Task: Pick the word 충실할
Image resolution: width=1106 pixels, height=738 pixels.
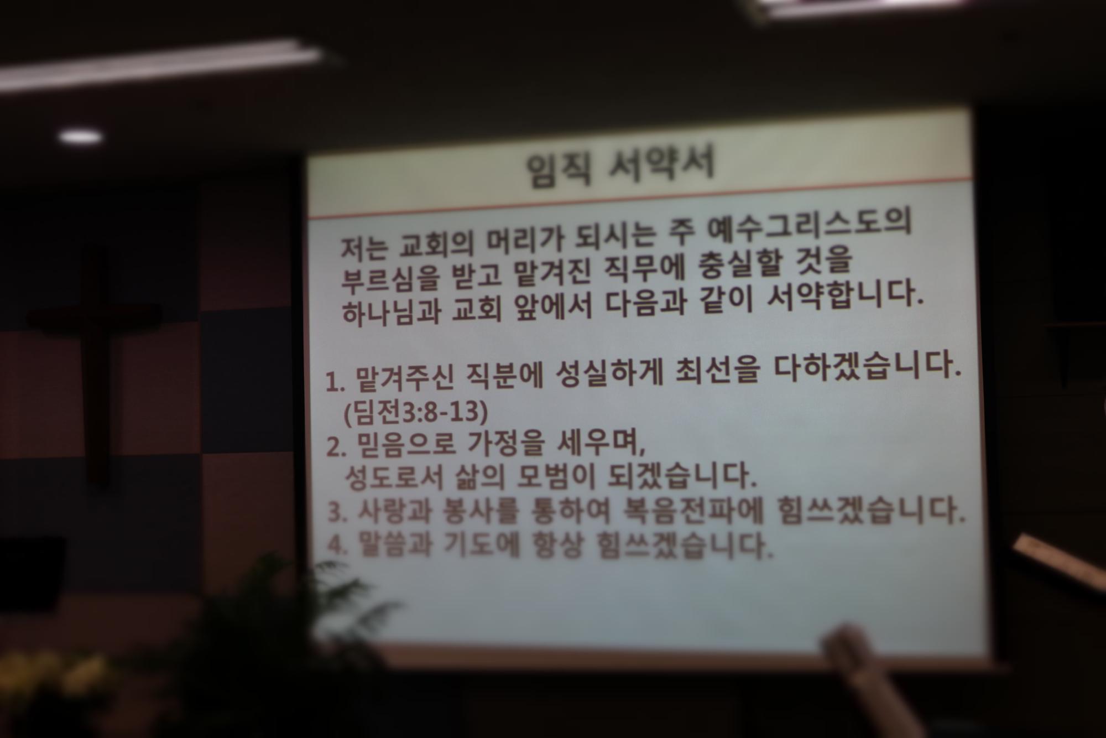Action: point(752,264)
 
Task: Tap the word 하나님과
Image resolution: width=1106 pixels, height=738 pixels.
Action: point(391,313)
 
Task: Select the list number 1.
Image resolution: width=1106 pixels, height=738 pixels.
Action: point(334,382)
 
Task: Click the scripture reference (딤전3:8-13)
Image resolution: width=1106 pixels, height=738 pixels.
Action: point(415,413)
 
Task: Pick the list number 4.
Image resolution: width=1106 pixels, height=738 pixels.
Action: point(337,544)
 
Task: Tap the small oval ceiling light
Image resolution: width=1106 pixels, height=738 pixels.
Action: point(81,136)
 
